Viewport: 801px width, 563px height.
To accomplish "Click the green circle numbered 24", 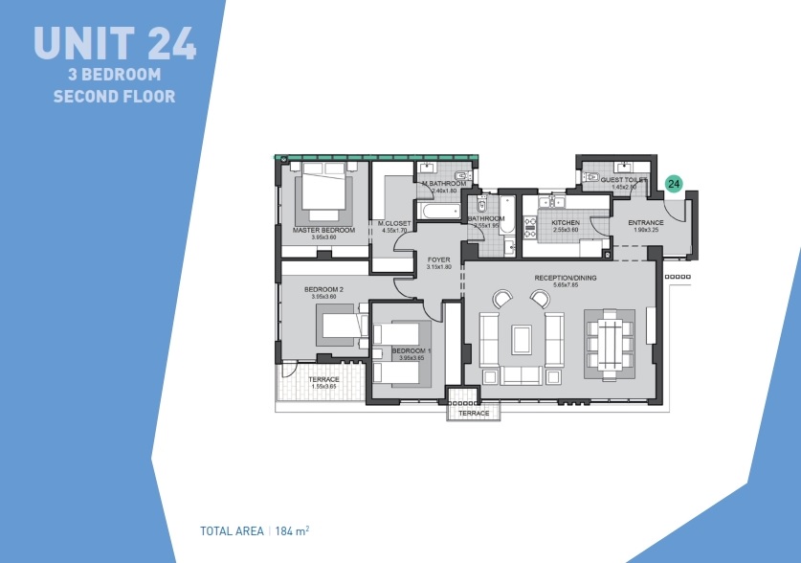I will point(674,184).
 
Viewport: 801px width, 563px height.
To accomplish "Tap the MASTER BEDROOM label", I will point(323,230).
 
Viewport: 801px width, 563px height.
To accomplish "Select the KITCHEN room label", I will point(565,223).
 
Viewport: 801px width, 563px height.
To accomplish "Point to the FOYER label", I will point(438,259).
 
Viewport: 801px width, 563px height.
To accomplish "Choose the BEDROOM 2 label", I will point(323,289).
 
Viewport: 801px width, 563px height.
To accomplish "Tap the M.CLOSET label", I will point(394,224).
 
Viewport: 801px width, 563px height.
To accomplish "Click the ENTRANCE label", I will point(646,223).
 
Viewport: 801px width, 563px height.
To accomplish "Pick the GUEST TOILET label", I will point(624,180).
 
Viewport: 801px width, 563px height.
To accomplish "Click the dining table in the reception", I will point(609,343).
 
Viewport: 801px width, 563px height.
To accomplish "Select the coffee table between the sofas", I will point(522,339).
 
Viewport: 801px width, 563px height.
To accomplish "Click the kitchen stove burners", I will point(529,229).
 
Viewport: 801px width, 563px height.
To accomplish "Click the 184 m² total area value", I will point(293,530).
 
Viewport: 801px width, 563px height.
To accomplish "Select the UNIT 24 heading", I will point(115,43).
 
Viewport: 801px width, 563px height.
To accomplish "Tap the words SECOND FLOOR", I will point(114,96).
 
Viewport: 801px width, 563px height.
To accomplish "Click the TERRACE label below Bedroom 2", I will point(323,379).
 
